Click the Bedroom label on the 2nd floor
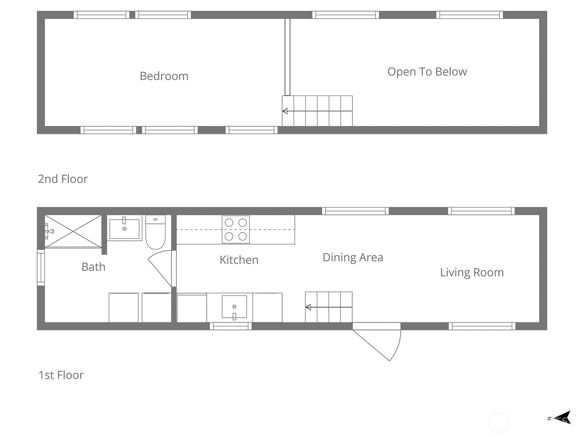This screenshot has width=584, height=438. click(x=164, y=76)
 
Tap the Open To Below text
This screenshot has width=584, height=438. click(x=427, y=72)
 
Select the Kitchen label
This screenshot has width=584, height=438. click(x=239, y=260)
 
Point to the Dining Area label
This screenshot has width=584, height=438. click(x=353, y=257)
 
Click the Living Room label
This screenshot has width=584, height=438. click(x=472, y=273)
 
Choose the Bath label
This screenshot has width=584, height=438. click(x=93, y=267)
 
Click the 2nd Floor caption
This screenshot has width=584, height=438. click(x=63, y=179)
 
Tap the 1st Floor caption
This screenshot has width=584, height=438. click(x=61, y=375)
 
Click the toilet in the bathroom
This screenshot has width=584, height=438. click(x=155, y=232)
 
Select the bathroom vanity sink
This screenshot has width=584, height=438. click(x=124, y=228)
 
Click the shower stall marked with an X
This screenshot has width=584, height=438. click(x=73, y=231)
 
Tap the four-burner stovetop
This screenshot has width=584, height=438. click(x=236, y=229)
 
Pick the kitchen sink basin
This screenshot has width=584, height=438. click(x=234, y=306)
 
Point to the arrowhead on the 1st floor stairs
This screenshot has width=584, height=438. click(x=308, y=307)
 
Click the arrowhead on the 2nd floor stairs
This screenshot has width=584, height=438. click(x=285, y=111)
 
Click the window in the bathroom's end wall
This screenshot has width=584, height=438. click(x=41, y=268)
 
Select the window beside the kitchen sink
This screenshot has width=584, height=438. click(x=231, y=326)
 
